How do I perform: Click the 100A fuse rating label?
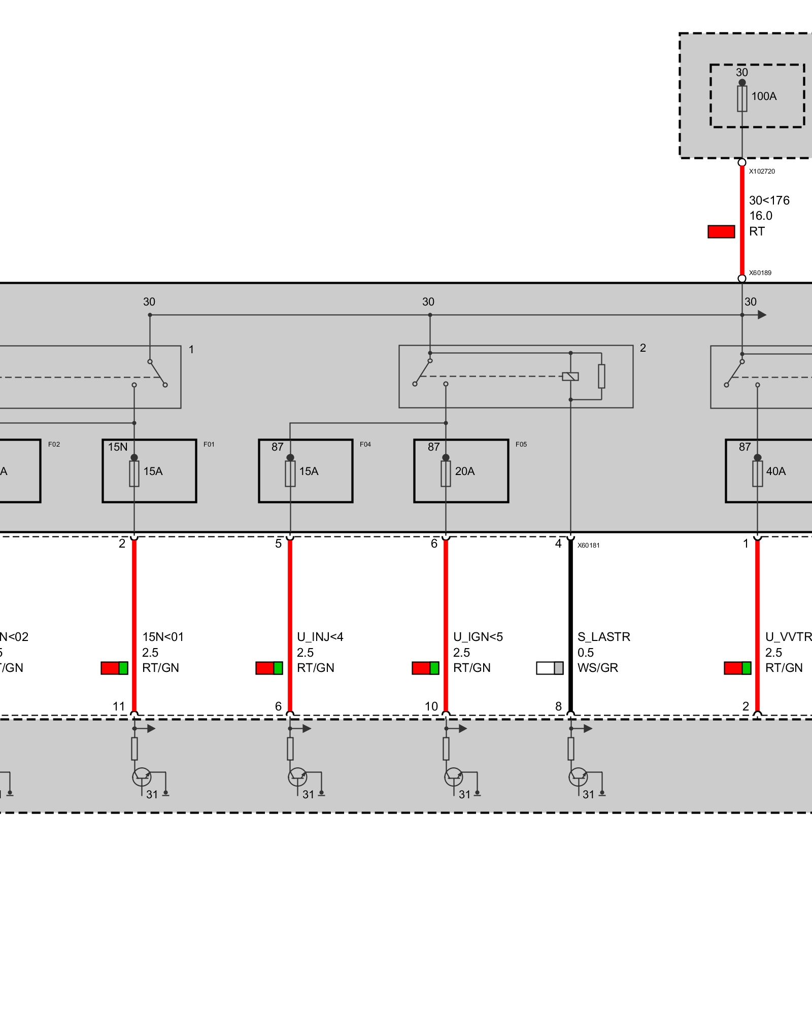pyautogui.click(x=764, y=96)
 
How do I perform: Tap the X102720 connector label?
pyautogui.click(x=762, y=172)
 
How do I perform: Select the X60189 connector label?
pyautogui.click(x=760, y=273)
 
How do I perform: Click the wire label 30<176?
pyautogui.click(x=769, y=200)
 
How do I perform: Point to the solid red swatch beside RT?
pyautogui.click(x=721, y=232)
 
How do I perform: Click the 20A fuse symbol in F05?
pyautogui.click(x=446, y=474)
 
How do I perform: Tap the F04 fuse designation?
pyautogui.click(x=365, y=445)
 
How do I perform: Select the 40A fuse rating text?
pyautogui.click(x=776, y=471)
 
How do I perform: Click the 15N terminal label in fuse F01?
pyautogui.click(x=118, y=447)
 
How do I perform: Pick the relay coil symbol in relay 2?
pyautogui.click(x=570, y=377)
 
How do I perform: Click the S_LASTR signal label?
pyautogui.click(x=604, y=637)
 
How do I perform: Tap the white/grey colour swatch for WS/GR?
pyautogui.click(x=550, y=668)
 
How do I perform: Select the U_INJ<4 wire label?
pyautogui.click(x=320, y=637)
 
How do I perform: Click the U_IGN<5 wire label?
pyautogui.click(x=478, y=637)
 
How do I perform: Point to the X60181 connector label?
pyautogui.click(x=589, y=546)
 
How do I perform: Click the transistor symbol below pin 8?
pyautogui.click(x=578, y=776)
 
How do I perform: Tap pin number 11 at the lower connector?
pyautogui.click(x=119, y=706)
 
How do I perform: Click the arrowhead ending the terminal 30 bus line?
pyautogui.click(x=762, y=315)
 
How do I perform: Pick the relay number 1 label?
pyautogui.click(x=191, y=350)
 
